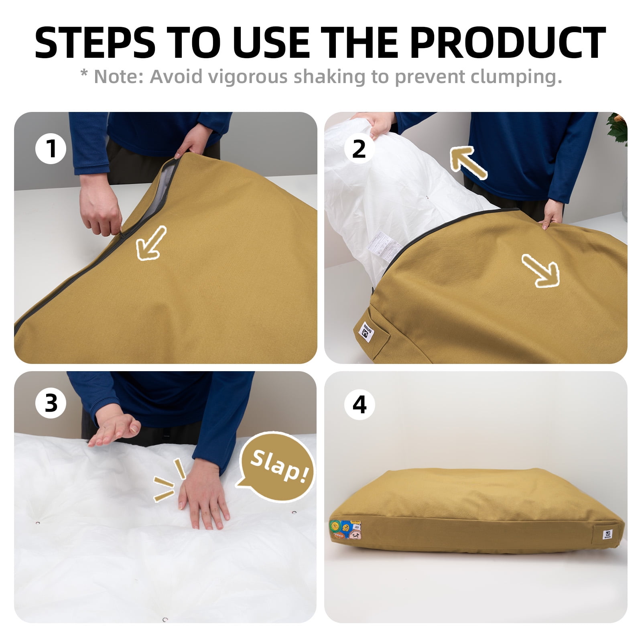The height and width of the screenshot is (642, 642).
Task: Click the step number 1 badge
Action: pos(51,148)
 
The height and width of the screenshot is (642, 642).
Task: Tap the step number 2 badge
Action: pos(359,148)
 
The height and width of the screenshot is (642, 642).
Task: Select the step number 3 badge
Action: pos(51,403)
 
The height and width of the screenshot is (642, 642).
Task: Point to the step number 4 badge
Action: pos(359,404)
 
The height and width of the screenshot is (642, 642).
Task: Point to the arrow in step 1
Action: pos(150,242)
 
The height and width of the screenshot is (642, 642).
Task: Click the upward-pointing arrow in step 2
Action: pos(468,163)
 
